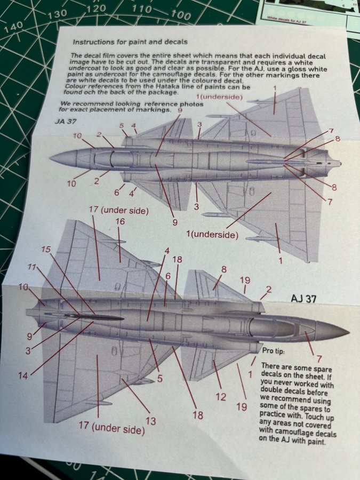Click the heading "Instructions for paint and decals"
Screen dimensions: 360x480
pyautogui.click(x=130, y=42)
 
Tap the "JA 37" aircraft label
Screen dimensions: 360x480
pyautogui.click(x=66, y=121)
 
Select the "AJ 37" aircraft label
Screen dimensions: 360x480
pyautogui.click(x=303, y=299)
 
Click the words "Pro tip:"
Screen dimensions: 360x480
pyautogui.click(x=274, y=351)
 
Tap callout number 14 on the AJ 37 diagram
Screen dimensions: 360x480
pyautogui.click(x=23, y=375)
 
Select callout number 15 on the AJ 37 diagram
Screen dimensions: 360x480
pyautogui.click(x=46, y=250)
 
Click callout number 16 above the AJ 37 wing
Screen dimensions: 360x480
pyautogui.click(x=120, y=221)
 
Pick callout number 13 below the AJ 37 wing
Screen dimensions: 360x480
pyautogui.click(x=150, y=421)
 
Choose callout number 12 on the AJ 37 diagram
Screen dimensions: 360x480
pyautogui.click(x=221, y=397)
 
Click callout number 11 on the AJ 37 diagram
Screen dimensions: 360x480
pyautogui.click(x=32, y=267)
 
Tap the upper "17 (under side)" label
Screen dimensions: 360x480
pyautogui.click(x=119, y=210)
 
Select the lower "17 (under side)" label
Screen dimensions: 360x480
pyautogui.click(x=112, y=427)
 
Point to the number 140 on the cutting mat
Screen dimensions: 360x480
pyautogui.click(x=14, y=27)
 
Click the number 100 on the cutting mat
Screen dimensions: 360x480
pyautogui.click(x=180, y=14)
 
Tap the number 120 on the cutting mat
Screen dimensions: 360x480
pyautogui.click(x=96, y=9)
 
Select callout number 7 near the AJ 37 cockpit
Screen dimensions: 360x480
pyautogui.click(x=319, y=358)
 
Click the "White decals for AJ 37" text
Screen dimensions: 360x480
pyautogui.click(x=286, y=20)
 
